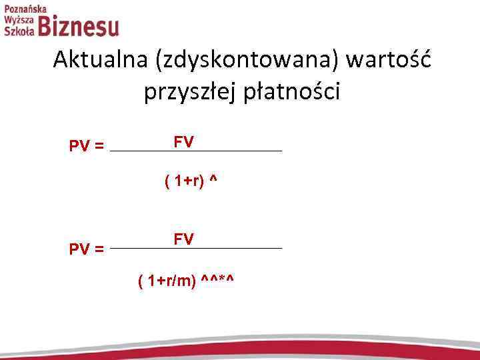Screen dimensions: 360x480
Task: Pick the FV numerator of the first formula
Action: pyautogui.click(x=183, y=142)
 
